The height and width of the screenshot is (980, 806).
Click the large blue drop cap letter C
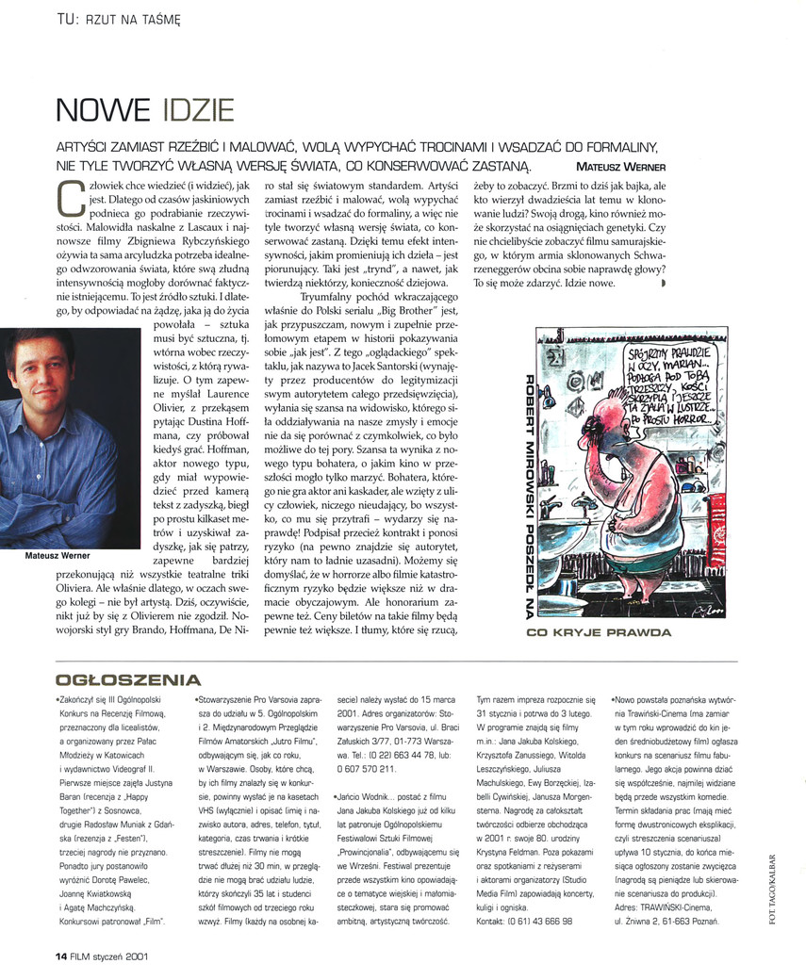[x=69, y=197]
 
